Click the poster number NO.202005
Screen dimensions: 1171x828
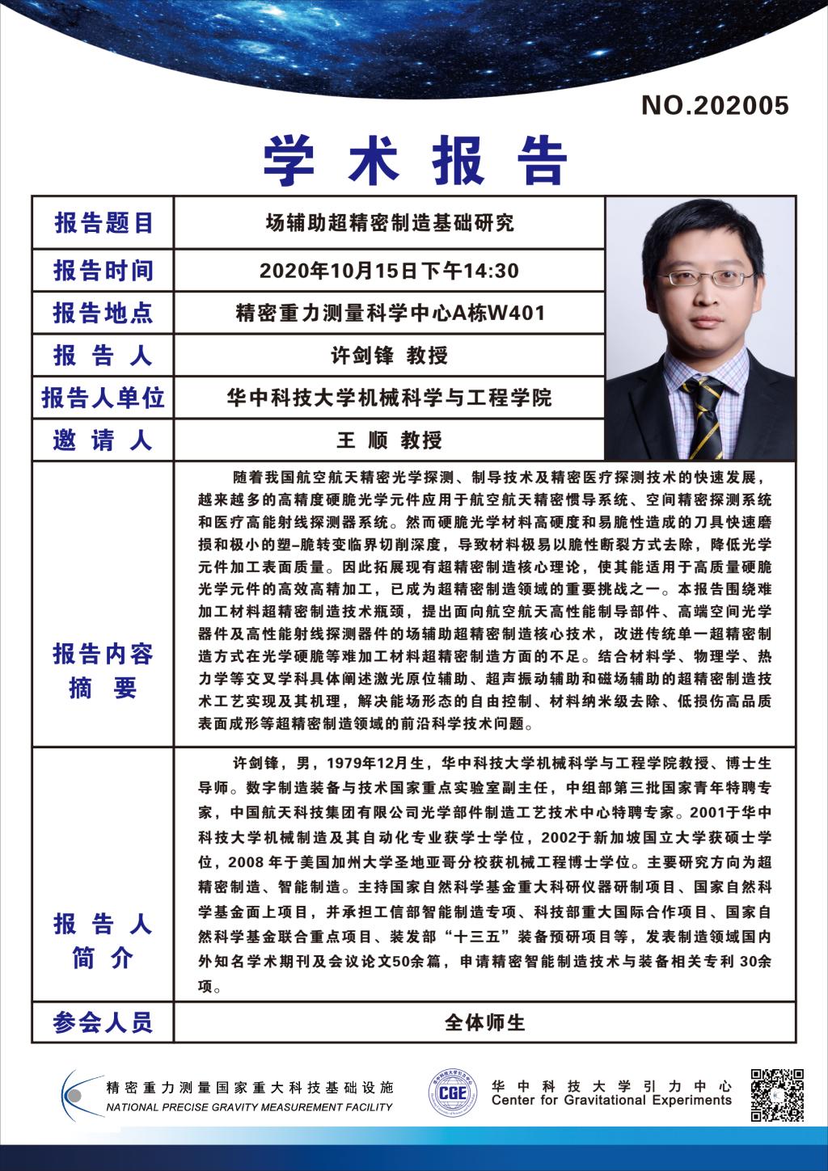[715, 106]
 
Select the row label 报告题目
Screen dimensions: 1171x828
[103, 223]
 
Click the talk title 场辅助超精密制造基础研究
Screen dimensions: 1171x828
[390, 222]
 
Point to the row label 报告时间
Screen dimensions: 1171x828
[103, 270]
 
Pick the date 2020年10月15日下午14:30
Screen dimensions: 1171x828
[390, 270]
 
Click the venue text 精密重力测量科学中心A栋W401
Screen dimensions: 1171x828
[390, 313]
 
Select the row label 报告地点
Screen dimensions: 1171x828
[103, 313]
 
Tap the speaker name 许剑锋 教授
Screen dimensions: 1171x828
[390, 356]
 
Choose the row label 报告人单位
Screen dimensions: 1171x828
[103, 398]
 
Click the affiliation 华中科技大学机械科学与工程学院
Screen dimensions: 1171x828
[390, 398]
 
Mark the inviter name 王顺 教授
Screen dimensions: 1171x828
[390, 440]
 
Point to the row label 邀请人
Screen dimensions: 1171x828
[103, 440]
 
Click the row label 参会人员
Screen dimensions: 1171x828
[103, 1022]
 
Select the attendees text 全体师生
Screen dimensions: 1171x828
[485, 1022]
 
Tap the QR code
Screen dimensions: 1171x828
[777, 1094]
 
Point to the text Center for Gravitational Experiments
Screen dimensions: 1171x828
[611, 1101]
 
